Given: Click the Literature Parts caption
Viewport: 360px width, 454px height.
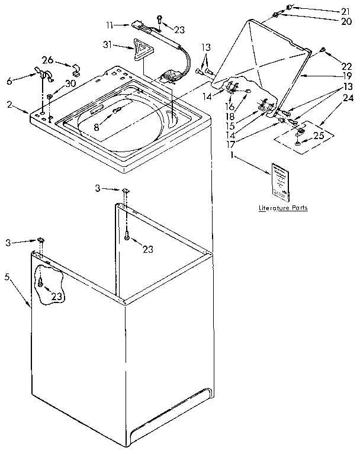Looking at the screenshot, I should tap(282, 208).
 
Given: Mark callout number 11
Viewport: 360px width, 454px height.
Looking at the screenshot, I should tap(110, 25).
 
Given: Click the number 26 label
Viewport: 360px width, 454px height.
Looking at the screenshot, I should tap(48, 59).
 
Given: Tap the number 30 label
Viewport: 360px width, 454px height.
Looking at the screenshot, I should tap(70, 83).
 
